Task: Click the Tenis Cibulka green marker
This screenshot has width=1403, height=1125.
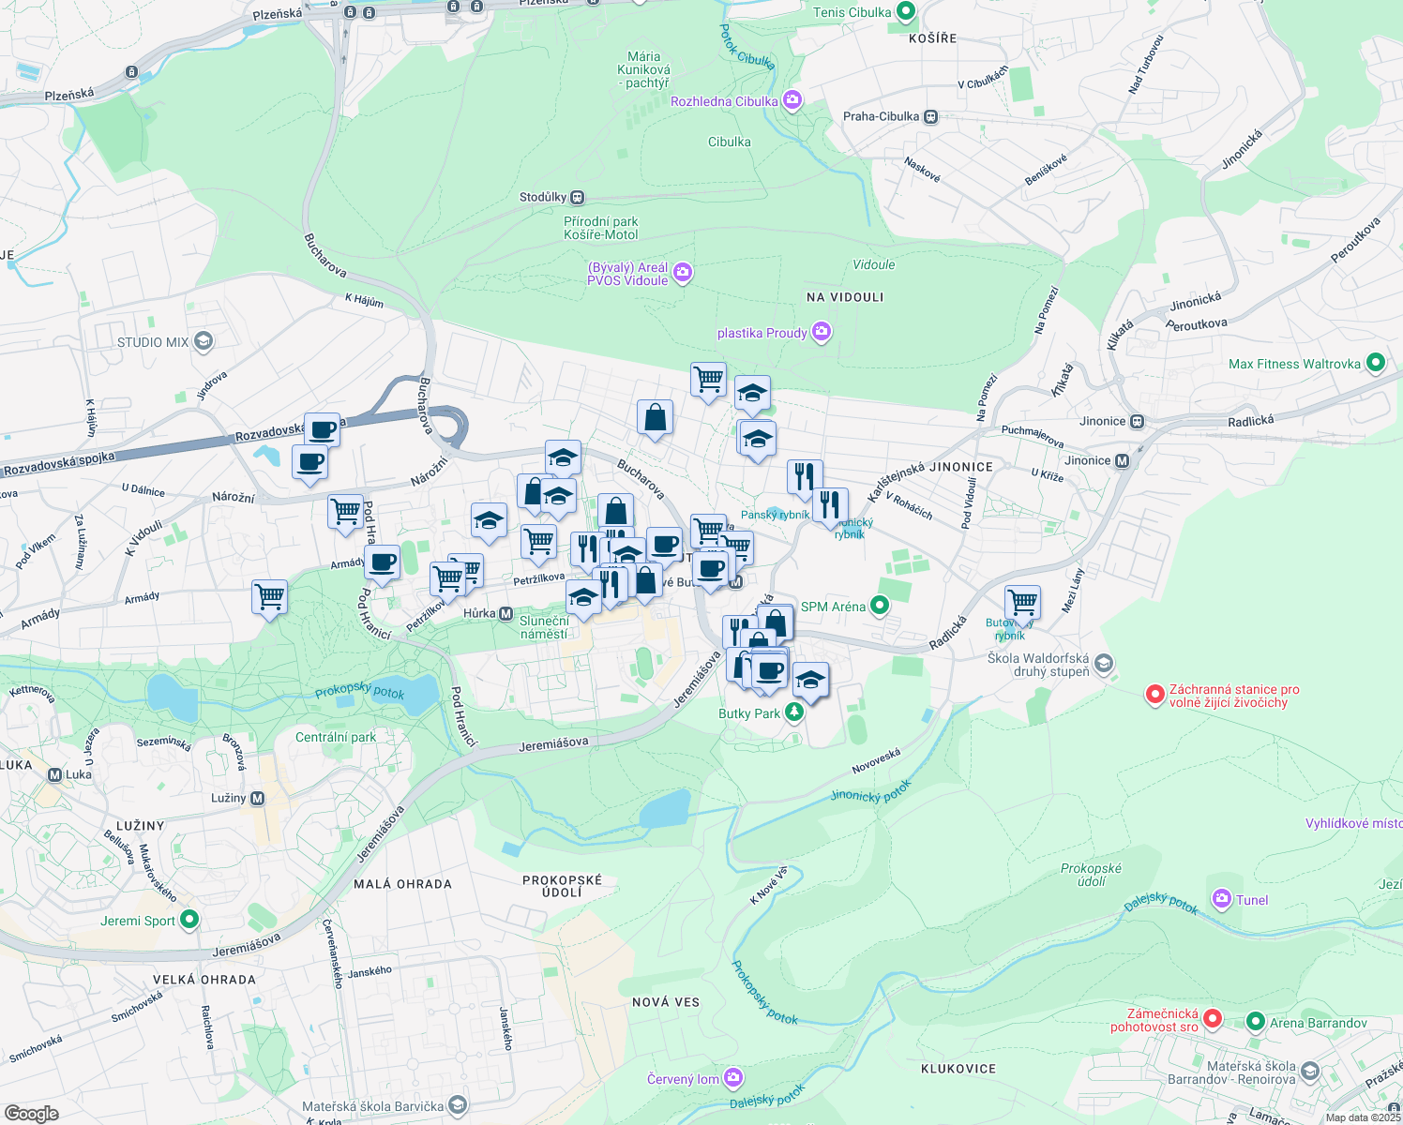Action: point(905,12)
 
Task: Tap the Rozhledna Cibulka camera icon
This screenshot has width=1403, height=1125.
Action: point(792,100)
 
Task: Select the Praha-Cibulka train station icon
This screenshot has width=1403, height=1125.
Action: point(930,117)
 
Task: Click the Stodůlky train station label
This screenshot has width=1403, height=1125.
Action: point(544,197)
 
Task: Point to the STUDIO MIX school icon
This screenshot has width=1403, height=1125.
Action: point(204,341)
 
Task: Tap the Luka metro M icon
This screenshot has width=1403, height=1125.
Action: point(54,774)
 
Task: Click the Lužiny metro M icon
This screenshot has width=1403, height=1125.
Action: point(257,798)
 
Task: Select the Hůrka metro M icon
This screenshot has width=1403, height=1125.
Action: point(505,613)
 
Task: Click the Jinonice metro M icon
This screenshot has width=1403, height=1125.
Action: point(1122,460)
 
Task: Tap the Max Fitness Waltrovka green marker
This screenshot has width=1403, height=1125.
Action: point(1375,363)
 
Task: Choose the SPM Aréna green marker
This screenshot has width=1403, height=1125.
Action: point(879,606)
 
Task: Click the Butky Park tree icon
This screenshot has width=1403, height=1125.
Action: point(794,712)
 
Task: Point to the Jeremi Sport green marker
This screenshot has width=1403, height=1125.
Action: point(189,920)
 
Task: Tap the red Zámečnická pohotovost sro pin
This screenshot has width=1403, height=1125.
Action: point(1213,1018)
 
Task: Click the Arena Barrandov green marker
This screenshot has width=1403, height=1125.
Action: point(1256,1022)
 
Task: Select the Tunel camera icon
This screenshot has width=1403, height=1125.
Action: point(1221,899)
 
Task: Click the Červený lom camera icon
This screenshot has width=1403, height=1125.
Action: point(733,1078)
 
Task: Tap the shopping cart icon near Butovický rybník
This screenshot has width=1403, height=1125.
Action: point(1022,602)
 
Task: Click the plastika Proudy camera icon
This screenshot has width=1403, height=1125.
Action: point(822,332)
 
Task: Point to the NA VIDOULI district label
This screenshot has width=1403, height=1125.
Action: point(845,297)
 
